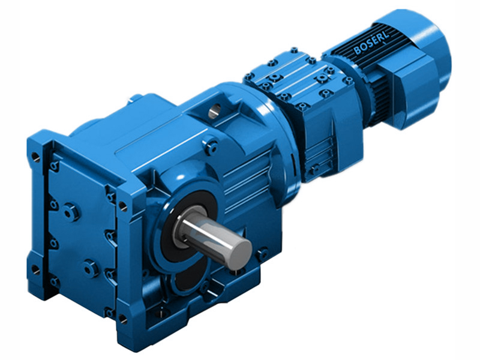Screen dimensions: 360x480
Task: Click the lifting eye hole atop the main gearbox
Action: click(215, 110)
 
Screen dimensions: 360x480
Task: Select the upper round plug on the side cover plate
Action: click(70, 211)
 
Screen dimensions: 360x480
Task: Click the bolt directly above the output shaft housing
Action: click(209, 144)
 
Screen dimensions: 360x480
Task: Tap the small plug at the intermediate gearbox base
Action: click(312, 170)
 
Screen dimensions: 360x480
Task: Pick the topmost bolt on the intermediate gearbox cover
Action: click(293, 50)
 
